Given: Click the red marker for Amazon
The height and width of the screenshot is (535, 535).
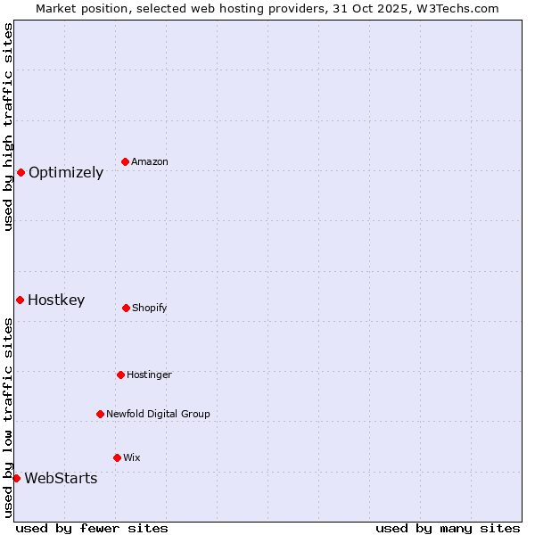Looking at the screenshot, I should pos(125,161).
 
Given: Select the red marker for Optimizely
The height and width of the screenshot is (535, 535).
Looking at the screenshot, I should pos(21,172).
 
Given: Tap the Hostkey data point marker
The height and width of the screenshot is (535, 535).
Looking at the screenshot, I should pos(20,300).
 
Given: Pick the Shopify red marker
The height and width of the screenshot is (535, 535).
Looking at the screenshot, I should pos(126,308).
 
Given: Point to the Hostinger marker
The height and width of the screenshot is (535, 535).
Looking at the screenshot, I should pos(120,374).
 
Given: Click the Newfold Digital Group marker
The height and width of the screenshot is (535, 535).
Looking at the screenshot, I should pos(100,414).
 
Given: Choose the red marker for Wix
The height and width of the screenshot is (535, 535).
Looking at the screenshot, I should pos(117,457).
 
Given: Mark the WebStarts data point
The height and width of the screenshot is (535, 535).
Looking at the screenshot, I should pos(16,478).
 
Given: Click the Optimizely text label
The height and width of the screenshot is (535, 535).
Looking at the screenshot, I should pos(66,173).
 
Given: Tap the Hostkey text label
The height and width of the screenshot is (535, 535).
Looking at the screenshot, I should pos(56,300).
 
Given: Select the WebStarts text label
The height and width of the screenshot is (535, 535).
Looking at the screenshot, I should pos(61,479).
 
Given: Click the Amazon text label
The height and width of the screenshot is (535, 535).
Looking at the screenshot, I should pos(150,162).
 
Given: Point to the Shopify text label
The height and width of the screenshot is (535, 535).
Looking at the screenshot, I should pos(150,309).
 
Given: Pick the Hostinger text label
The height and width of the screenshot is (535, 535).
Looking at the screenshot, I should pos(149,375).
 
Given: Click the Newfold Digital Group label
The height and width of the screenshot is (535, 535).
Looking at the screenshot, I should pos(158,415).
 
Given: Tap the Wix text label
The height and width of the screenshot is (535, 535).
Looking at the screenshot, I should pos(132,458).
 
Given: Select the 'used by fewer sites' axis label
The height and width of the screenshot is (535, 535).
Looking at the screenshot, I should pos(92,528).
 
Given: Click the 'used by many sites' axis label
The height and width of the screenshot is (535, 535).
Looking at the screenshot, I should pos(448,528).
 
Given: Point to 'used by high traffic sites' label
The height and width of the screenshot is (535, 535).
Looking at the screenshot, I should pos(8,127).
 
